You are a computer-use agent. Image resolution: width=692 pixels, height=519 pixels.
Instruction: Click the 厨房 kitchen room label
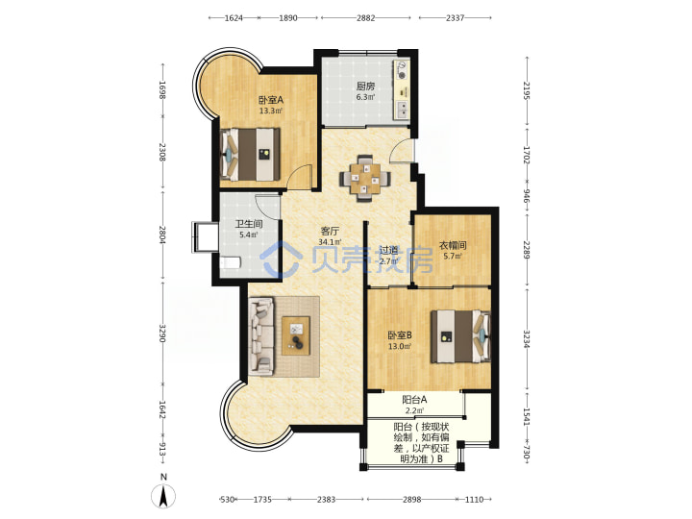click(365, 86)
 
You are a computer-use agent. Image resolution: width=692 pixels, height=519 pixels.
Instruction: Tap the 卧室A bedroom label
click(270, 100)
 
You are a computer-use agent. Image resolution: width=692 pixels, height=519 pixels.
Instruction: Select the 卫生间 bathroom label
click(249, 224)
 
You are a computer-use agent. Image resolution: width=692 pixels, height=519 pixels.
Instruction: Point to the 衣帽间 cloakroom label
click(453, 245)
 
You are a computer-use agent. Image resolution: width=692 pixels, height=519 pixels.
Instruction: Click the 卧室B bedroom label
click(400, 335)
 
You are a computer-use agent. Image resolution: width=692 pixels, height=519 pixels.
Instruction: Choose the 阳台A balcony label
click(414, 400)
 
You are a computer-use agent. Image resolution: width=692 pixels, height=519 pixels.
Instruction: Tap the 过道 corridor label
click(388, 250)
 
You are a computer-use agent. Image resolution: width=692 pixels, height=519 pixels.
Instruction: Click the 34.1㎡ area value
click(330, 242)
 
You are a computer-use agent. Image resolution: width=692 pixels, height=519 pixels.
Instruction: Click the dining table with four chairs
click(364, 179)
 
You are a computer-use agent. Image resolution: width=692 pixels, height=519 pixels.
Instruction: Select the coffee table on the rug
click(296, 335)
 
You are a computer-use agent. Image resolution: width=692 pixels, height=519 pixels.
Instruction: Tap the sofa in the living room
click(261, 335)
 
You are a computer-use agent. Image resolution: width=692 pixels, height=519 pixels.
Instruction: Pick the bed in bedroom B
click(460, 336)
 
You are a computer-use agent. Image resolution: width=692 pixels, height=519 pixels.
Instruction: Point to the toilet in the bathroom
click(231, 262)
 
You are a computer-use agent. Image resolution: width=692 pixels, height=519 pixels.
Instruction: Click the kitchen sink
click(403, 110)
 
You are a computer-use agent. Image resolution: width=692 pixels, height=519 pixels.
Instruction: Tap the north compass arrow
click(163, 496)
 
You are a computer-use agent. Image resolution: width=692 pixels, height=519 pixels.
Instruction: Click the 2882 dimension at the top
click(366, 18)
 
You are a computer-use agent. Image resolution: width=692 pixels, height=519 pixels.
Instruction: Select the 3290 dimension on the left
click(162, 333)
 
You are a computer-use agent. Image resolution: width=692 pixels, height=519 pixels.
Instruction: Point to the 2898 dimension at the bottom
click(411, 500)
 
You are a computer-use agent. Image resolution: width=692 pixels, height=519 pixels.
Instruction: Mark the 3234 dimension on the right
click(526, 339)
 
